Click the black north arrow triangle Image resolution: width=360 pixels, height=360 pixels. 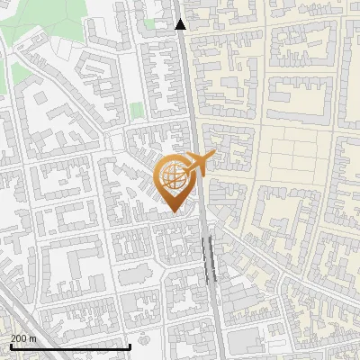coord(181,24)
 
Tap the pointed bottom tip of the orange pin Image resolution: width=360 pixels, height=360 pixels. coord(174,212)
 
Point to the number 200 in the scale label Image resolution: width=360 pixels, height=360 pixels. coord(20,338)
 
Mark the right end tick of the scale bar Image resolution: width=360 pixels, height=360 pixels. coord(131,346)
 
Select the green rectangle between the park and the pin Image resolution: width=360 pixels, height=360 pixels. coord(136,110)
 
